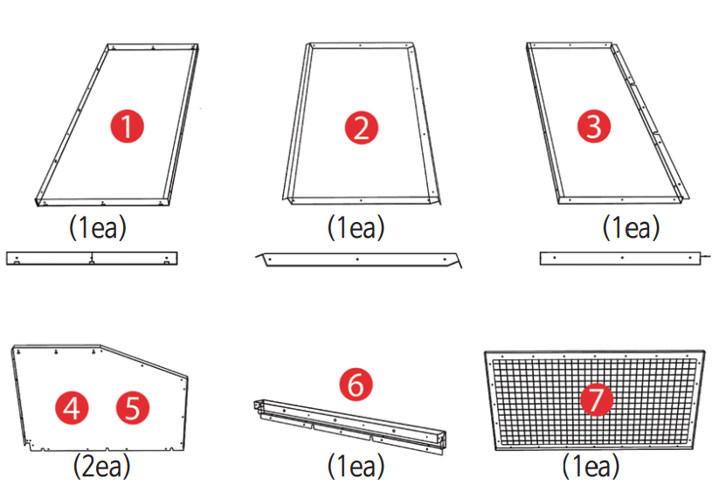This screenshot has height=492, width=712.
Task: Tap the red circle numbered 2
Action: click(x=361, y=128)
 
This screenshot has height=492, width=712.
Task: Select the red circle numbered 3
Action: click(x=594, y=127)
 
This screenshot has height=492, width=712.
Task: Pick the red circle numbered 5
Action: click(x=133, y=406)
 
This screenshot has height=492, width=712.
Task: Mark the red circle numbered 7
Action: click(x=597, y=400)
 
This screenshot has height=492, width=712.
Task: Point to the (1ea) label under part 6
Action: click(x=356, y=466)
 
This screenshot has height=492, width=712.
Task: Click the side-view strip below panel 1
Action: click(x=92, y=258)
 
